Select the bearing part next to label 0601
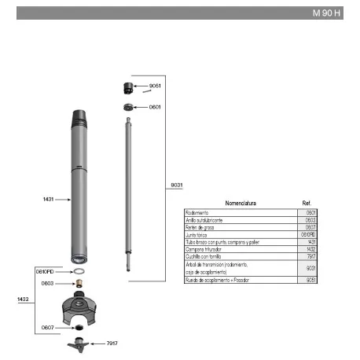(127, 107)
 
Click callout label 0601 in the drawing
(155, 107)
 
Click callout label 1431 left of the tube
(49, 200)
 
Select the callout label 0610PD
(45, 271)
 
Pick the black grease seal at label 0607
(79, 327)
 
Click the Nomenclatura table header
(241, 203)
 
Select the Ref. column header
(307, 203)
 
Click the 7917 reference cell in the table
(310, 255)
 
